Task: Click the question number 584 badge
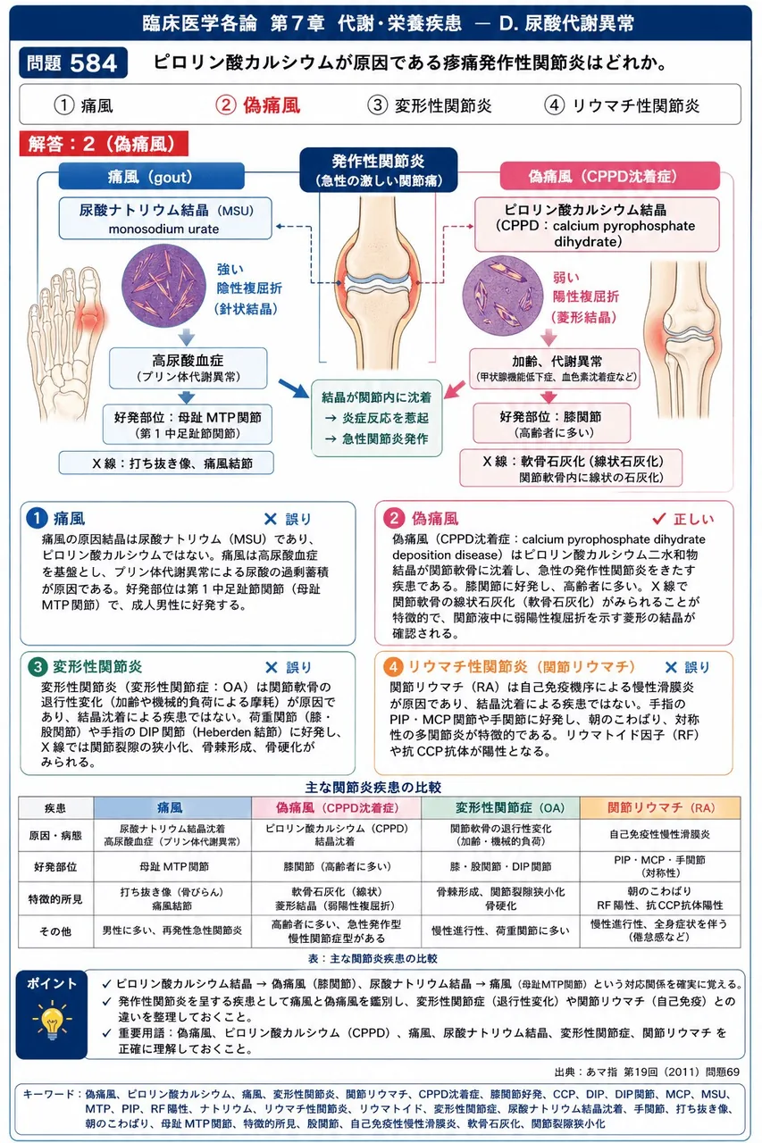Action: point(73,63)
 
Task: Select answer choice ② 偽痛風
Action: point(258,105)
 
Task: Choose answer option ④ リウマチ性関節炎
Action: point(622,105)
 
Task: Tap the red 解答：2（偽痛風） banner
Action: point(104,144)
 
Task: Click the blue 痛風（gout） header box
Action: point(151,177)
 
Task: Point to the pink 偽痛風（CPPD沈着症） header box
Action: point(609,176)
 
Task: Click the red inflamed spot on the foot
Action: point(92,316)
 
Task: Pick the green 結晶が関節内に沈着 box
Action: point(377,418)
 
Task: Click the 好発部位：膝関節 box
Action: point(551,423)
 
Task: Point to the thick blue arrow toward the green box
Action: point(295,388)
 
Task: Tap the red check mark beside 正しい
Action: point(659,519)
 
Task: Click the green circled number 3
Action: point(38,667)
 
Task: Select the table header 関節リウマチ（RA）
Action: point(660,808)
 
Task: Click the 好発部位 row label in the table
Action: point(55,866)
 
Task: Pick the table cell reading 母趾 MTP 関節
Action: point(173,866)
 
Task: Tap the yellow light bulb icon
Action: point(52,1019)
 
